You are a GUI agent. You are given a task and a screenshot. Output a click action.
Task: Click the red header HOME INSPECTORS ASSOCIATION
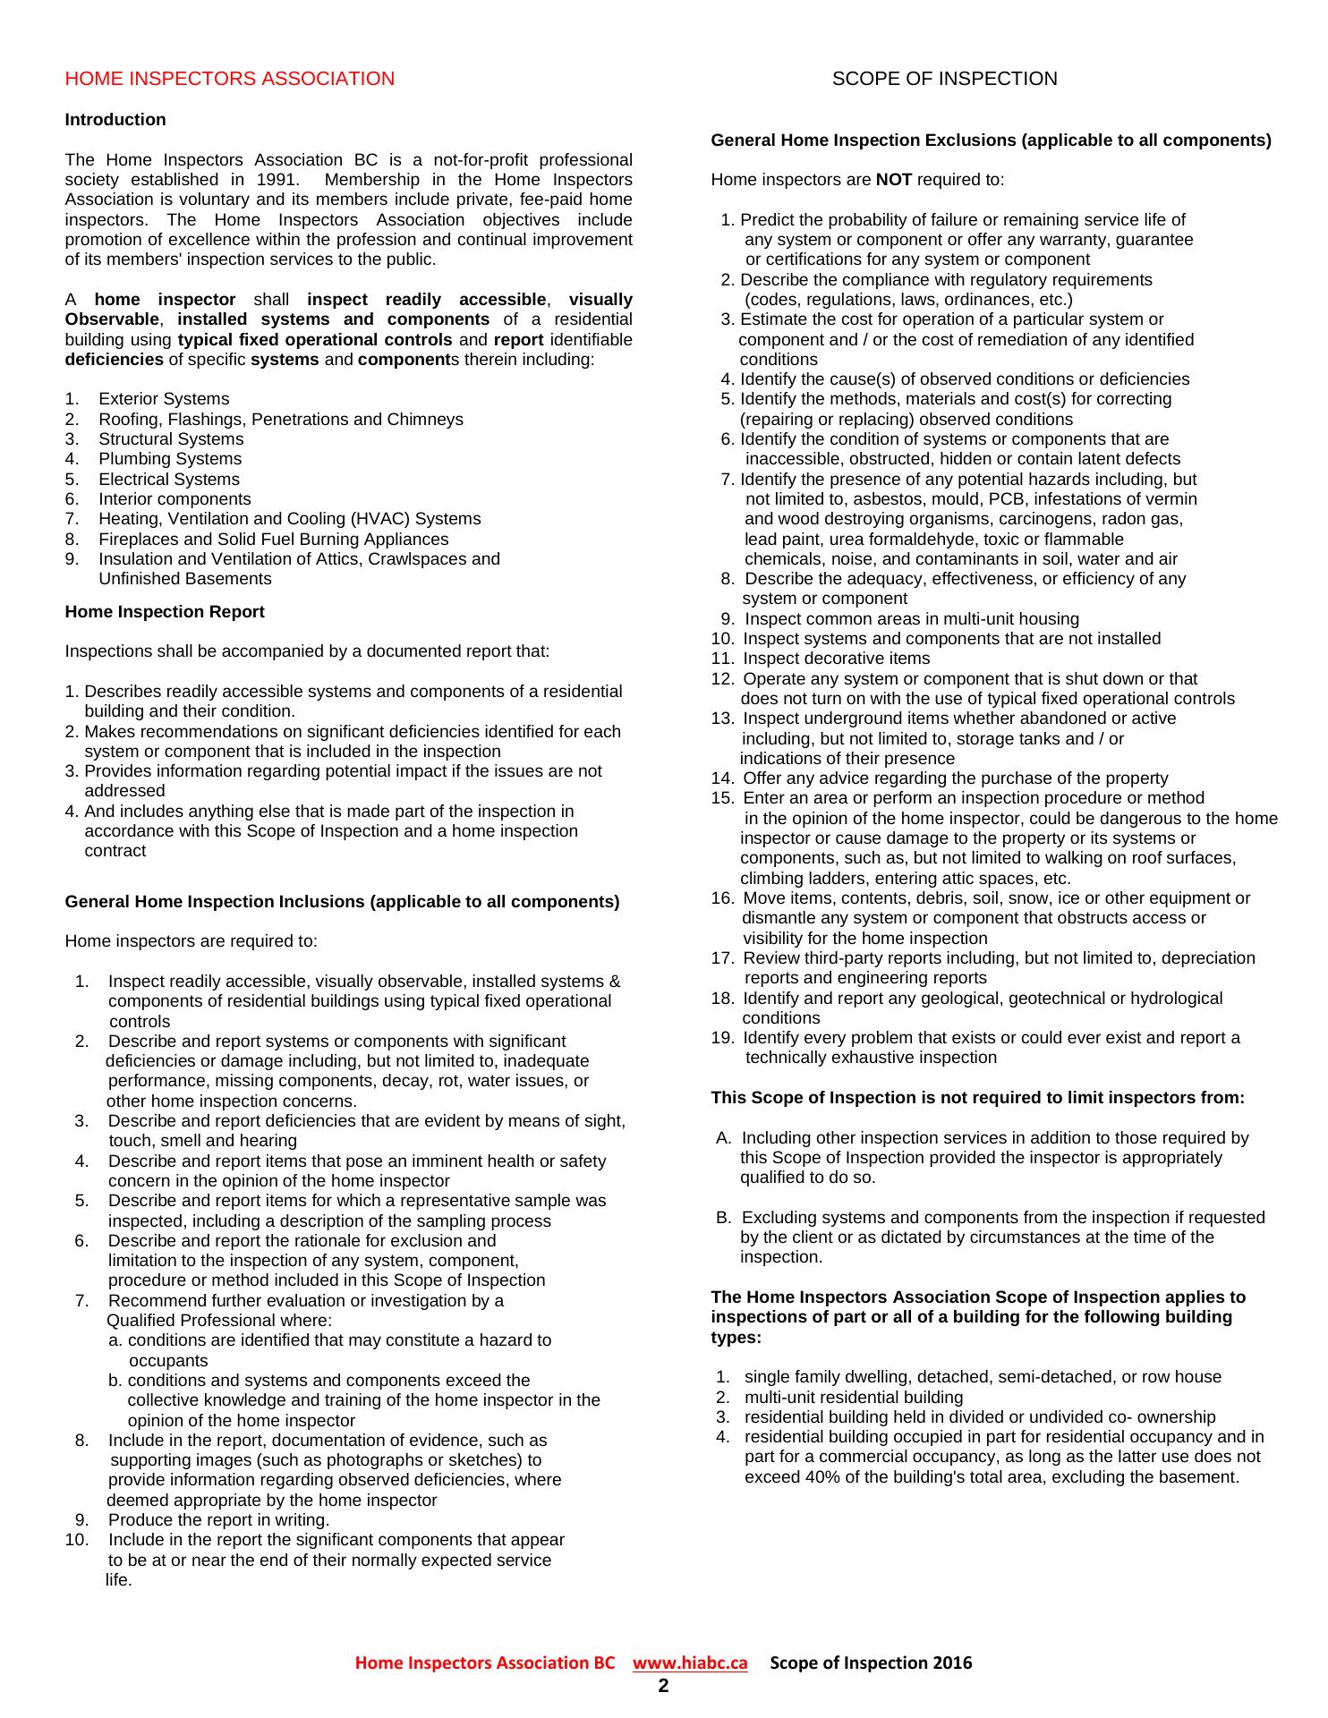coord(229,79)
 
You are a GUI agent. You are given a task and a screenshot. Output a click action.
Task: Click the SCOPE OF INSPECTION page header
coord(944,79)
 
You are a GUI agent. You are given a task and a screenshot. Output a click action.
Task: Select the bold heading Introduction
coord(115,120)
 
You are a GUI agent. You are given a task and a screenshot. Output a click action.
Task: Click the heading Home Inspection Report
coord(165,612)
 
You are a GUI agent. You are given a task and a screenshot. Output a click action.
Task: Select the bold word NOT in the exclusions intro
coord(893,180)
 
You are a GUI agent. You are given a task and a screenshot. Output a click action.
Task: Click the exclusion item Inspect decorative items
coord(836,659)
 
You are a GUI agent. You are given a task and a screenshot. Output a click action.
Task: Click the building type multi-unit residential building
coord(853,1397)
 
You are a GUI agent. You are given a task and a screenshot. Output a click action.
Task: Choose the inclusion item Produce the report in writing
coord(218,1519)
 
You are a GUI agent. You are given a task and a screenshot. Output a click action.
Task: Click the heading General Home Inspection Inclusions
coord(342,902)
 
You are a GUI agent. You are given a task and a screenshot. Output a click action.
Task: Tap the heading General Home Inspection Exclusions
coord(991,140)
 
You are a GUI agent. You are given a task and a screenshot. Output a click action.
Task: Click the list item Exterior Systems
coord(164,399)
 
